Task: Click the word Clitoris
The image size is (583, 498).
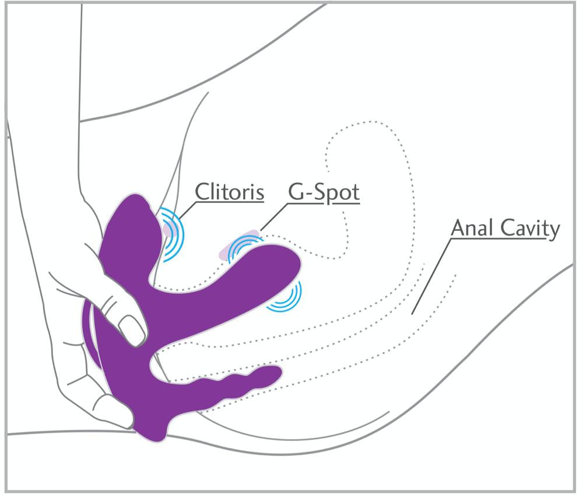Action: [x=229, y=191]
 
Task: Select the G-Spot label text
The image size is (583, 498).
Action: [x=324, y=192]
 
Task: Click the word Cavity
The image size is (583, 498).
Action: [x=530, y=229]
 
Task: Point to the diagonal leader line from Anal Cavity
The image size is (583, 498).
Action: [x=431, y=276]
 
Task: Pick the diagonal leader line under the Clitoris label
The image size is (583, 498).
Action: [x=187, y=210]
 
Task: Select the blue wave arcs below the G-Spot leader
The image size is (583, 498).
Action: [x=244, y=248]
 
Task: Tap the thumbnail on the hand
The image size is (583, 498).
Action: [x=131, y=329]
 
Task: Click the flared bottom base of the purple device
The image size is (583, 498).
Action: [x=152, y=432]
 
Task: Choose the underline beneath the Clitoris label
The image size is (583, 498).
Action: [x=230, y=202]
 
